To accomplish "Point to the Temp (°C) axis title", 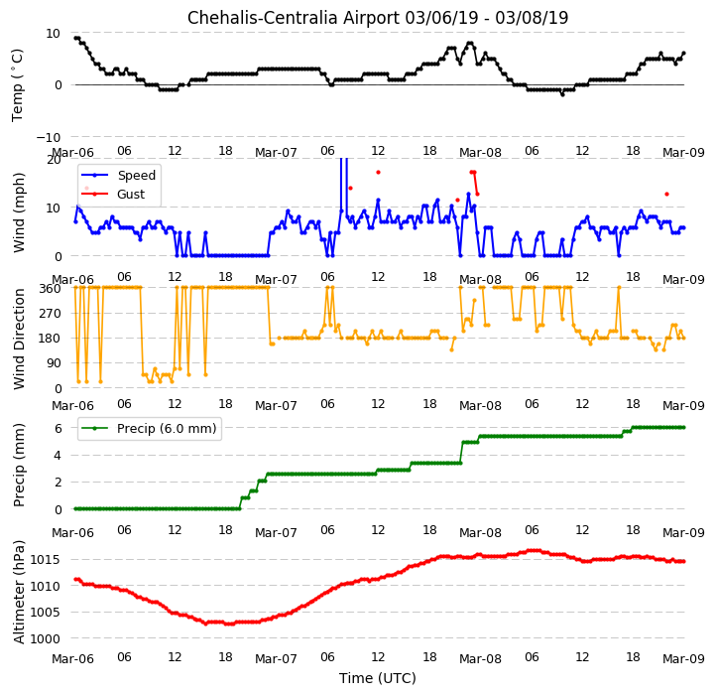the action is coord(17,85).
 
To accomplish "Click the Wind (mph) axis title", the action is coord(19,212).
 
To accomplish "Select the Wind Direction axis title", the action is coord(19,339).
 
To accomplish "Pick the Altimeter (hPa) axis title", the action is coord(19,592).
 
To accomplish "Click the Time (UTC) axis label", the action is coord(378,678).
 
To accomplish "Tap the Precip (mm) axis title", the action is coord(19,465).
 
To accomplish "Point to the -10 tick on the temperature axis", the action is coord(49,137).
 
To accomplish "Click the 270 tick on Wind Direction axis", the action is coord(52,314).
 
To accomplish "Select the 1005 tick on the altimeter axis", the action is coord(45,612).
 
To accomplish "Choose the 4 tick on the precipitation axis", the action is coord(59,456).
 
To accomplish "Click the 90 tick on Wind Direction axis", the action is coord(55,363).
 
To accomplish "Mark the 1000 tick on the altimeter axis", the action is coord(45,638).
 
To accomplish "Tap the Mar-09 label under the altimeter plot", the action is coord(683,658).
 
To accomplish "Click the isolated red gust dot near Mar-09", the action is coord(666,194).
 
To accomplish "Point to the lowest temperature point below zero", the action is coord(562,94).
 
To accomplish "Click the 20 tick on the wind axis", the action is coord(54,160).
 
